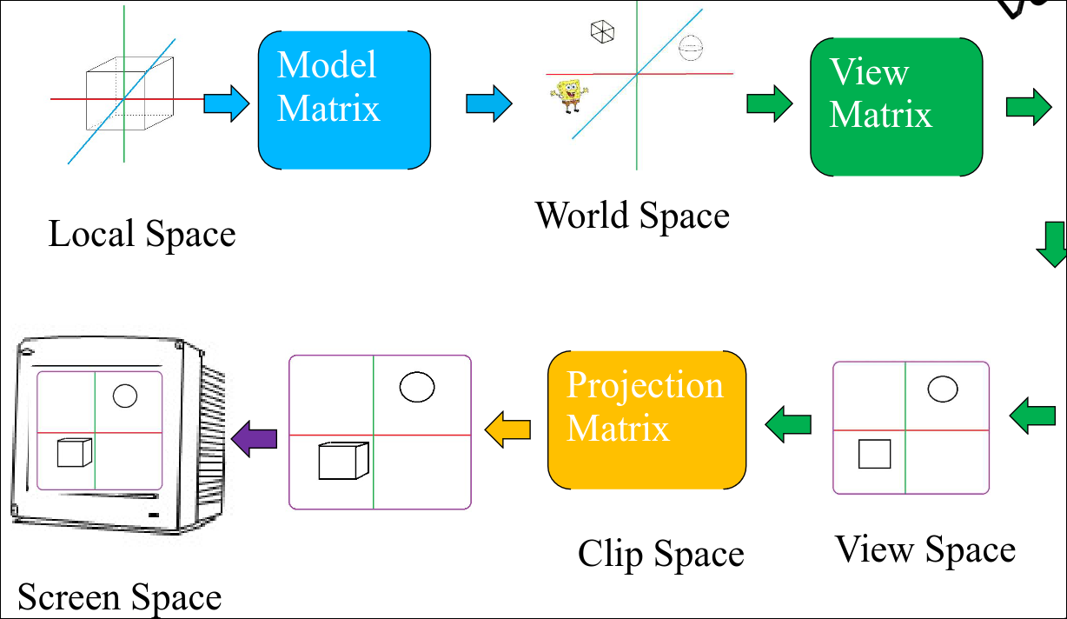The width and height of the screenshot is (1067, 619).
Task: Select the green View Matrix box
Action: click(x=896, y=107)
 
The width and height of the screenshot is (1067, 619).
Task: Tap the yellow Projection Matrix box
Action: click(x=646, y=420)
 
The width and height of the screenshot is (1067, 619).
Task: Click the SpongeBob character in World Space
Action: click(x=569, y=96)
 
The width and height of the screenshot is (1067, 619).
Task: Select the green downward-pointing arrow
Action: click(x=1051, y=245)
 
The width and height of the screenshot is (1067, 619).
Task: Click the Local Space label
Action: click(x=142, y=235)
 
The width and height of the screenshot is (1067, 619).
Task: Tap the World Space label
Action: click(x=632, y=215)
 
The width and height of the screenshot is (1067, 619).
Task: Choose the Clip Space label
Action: click(x=660, y=554)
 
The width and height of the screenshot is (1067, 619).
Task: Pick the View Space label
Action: click(x=925, y=549)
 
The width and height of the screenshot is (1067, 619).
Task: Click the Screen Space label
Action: click(x=119, y=598)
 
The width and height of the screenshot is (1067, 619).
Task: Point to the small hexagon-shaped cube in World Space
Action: click(x=602, y=32)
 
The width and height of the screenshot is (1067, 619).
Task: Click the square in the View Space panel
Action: click(x=874, y=455)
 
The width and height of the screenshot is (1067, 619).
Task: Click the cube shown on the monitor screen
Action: click(x=73, y=453)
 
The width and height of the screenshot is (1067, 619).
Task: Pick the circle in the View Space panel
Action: click(x=943, y=389)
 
